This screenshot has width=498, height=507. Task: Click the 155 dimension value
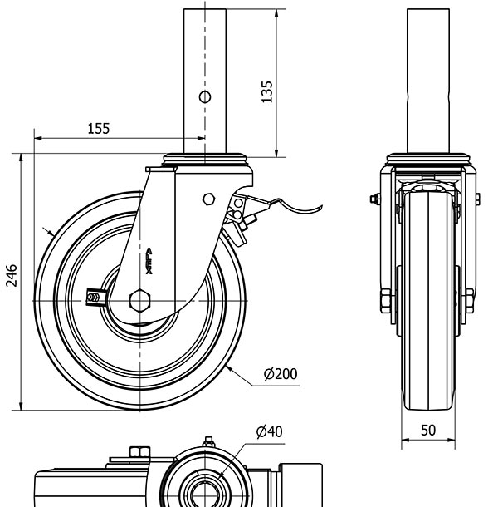click(98, 128)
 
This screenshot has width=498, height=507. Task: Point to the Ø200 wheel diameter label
click(281, 375)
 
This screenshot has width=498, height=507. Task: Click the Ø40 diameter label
click(270, 431)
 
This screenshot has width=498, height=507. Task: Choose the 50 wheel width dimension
click(427, 430)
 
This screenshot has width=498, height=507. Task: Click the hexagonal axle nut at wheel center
click(140, 299)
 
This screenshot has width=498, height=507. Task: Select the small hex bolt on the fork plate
click(208, 199)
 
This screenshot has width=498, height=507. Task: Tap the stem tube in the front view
click(428, 79)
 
